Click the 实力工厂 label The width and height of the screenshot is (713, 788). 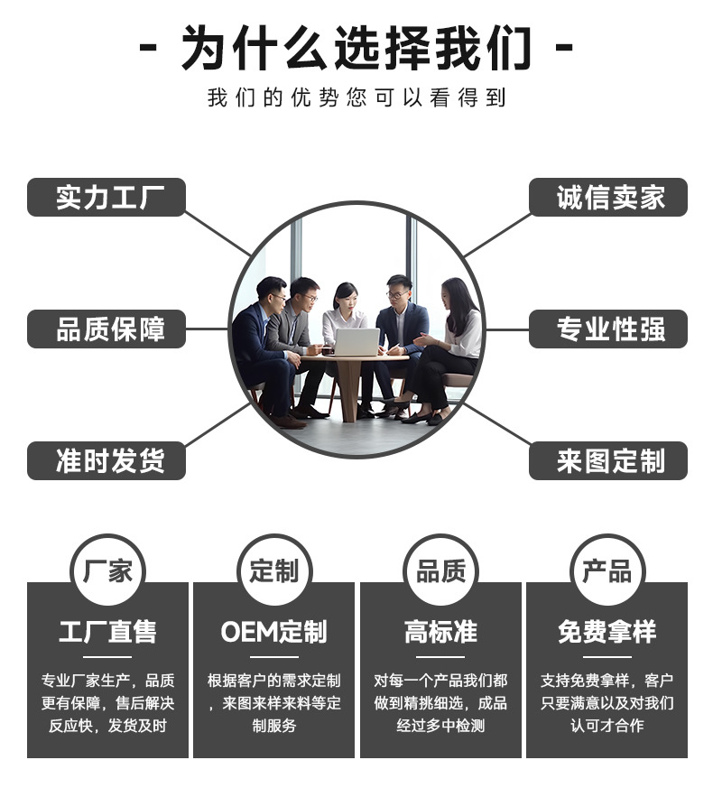[x=106, y=198]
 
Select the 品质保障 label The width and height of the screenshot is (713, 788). [x=106, y=329]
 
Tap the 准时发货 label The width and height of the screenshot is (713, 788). [x=106, y=461]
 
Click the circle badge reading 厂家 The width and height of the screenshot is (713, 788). [x=107, y=570]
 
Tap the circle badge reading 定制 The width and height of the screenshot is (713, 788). [x=273, y=570]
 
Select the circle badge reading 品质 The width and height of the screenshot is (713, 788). [x=440, y=570]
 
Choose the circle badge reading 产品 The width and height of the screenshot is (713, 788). [x=607, y=570]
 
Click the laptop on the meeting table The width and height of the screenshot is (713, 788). [x=356, y=342]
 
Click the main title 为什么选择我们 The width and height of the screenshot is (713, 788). [x=356, y=47]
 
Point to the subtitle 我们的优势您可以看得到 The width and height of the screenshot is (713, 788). [x=356, y=97]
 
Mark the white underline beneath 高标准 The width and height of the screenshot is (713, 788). [x=440, y=656]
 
